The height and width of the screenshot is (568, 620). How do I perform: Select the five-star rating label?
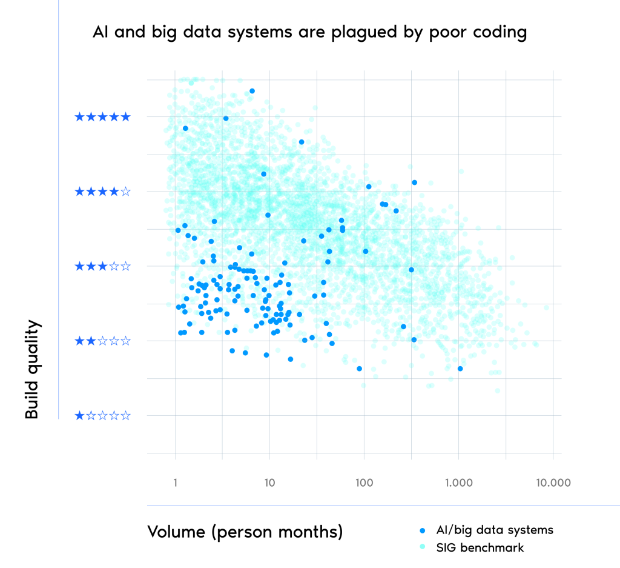(102, 117)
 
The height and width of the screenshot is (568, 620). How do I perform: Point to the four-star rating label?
(102, 192)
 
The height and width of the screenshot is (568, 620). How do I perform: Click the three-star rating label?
(102, 266)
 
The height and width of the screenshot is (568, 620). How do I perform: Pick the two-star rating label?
(102, 341)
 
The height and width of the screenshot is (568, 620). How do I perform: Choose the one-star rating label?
(102, 416)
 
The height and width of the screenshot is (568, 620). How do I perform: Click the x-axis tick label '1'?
(175, 483)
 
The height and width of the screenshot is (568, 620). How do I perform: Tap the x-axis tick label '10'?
(269, 483)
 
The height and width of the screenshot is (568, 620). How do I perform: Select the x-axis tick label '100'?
(364, 483)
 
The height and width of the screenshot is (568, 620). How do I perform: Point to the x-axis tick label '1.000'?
(458, 483)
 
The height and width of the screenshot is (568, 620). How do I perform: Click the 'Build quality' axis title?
(33, 370)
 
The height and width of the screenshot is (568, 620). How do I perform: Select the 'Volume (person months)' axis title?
(245, 532)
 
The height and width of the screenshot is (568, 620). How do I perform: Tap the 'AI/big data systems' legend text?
(495, 530)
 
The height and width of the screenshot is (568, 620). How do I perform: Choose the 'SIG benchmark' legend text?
(480, 548)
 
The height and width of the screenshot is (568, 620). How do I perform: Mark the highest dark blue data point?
(252, 91)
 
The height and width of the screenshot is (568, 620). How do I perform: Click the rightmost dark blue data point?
(460, 369)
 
